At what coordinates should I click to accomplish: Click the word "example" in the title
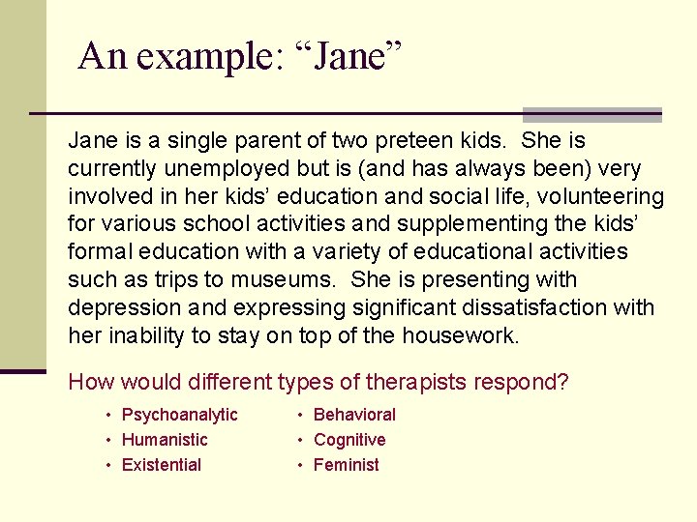tap(205, 57)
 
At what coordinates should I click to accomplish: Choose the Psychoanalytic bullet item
tap(179, 415)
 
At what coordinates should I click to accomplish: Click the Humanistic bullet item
tap(165, 440)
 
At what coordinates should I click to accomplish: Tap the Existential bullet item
tap(161, 465)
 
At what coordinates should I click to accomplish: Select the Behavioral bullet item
tap(354, 415)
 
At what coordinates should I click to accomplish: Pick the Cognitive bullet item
tap(348, 440)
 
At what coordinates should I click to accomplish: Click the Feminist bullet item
tap(347, 465)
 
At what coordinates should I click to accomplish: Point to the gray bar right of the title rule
tap(591, 114)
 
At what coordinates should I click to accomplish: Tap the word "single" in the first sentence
tap(168, 141)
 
